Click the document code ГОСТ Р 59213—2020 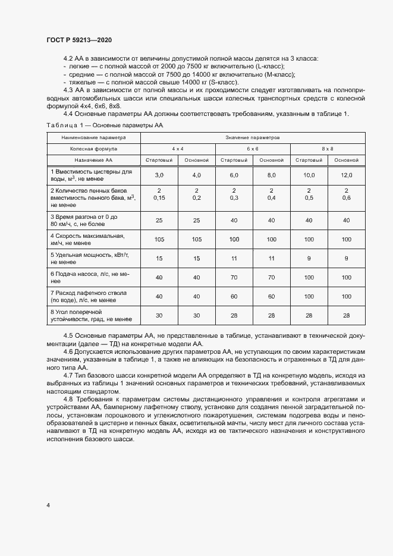[x=78, y=40]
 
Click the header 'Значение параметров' [x=252, y=137]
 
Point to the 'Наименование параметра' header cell [x=93, y=137]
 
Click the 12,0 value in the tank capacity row [x=346, y=175]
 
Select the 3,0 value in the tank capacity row [x=159, y=175]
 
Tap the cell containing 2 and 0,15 [x=159, y=194]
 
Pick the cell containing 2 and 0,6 [x=346, y=194]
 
